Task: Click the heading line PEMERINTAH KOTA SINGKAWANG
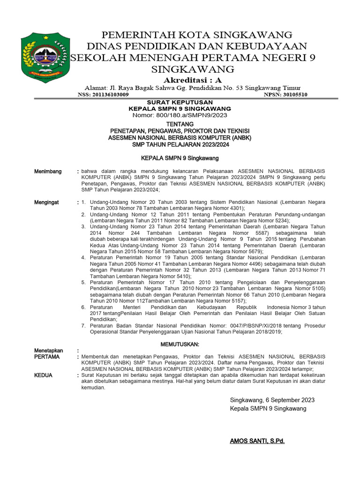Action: tap(197, 35)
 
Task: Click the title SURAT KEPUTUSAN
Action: tap(180, 102)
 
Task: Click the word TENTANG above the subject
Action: tap(180, 124)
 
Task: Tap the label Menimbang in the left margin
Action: tap(48, 172)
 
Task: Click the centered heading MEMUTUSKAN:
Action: tap(180, 345)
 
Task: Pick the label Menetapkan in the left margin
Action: tap(49, 351)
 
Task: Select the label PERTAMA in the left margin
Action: tap(47, 357)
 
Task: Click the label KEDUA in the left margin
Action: tap(44, 375)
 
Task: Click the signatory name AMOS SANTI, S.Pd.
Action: tap(257, 441)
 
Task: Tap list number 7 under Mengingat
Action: tap(83, 325)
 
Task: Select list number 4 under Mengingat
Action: tap(83, 257)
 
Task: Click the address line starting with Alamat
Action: tap(192, 88)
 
